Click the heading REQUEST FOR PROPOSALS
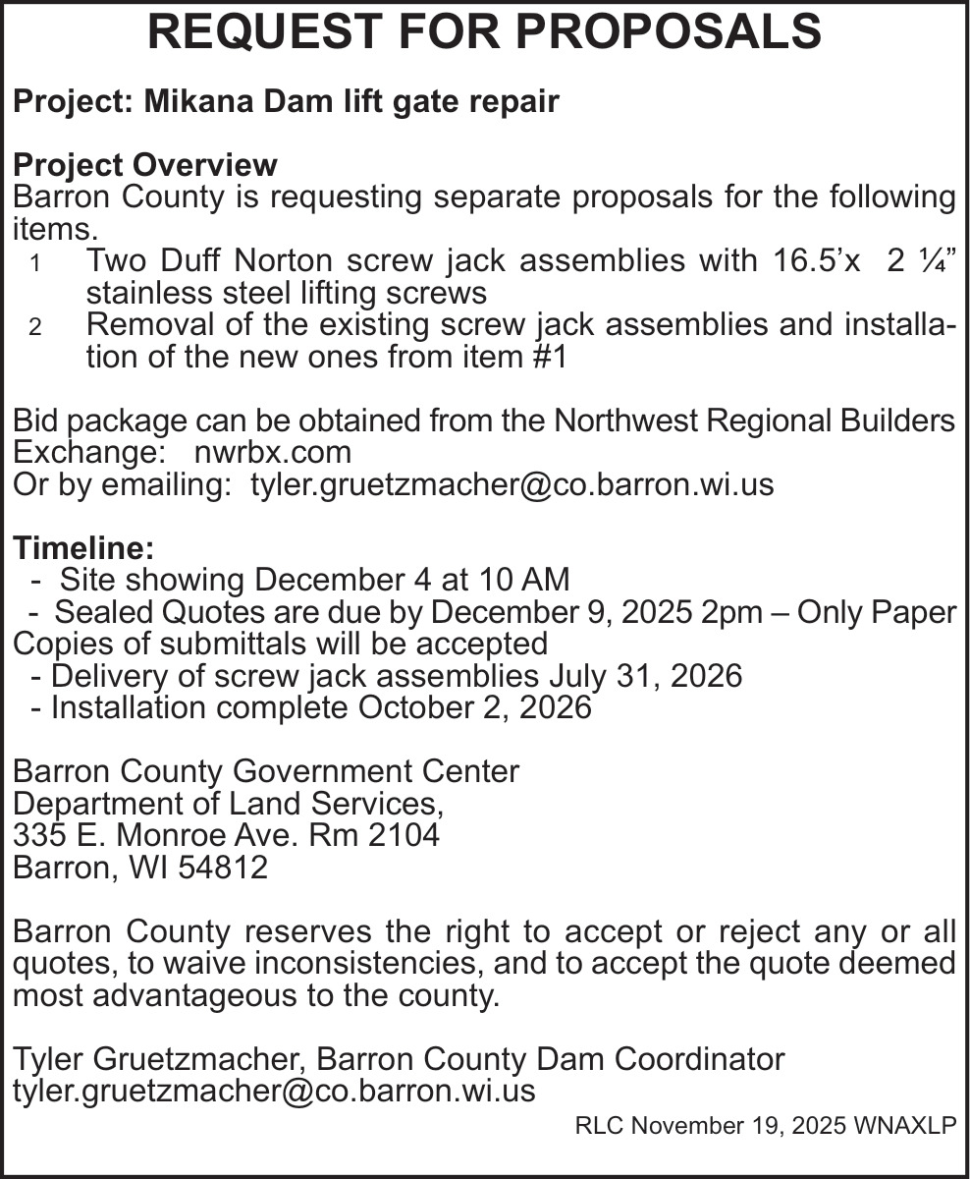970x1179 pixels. (x=484, y=32)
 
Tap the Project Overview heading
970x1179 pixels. (x=145, y=164)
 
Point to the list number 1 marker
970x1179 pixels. (x=35, y=264)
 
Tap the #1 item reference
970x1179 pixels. (x=549, y=357)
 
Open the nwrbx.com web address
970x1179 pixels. (x=273, y=452)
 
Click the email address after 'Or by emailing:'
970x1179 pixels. (x=512, y=484)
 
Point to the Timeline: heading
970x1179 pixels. (x=83, y=548)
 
